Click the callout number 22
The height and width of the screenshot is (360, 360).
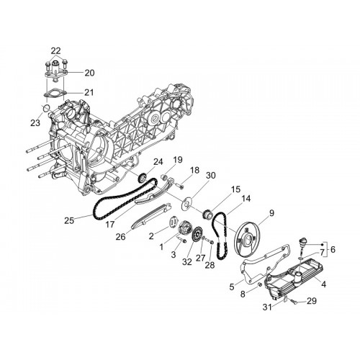[x=55, y=50]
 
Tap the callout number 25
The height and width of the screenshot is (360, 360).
[x=69, y=220]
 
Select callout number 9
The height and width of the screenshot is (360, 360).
[x=271, y=213]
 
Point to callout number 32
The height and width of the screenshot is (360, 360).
[x=187, y=261]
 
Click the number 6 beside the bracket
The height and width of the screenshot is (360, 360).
[x=333, y=250]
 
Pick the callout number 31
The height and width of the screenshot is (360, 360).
[x=267, y=307]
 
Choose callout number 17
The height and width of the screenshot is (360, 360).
[x=110, y=225]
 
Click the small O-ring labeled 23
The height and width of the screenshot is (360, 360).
[x=46, y=108]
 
